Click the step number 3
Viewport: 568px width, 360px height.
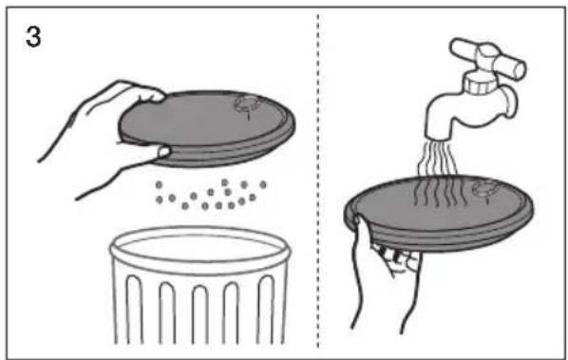coord(33,37)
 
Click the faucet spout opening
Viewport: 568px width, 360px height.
coord(439,138)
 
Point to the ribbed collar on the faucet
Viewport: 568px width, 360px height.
coord(480,83)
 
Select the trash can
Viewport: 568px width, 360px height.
coord(200,285)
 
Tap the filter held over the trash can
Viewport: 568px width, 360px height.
coord(207,128)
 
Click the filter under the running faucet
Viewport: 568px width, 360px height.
coord(439,213)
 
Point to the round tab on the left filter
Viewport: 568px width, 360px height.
coord(247,104)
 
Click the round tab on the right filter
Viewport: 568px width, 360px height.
coord(486,190)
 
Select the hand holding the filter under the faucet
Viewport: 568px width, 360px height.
coord(385,273)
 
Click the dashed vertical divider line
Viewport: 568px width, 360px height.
coord(318,181)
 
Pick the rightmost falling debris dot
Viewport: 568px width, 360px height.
coord(263,184)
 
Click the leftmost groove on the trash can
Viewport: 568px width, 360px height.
coord(134,310)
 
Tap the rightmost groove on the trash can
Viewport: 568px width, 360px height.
coord(266,310)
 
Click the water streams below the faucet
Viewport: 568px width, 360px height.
coord(437,158)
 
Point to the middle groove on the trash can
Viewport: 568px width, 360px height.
coord(200,314)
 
